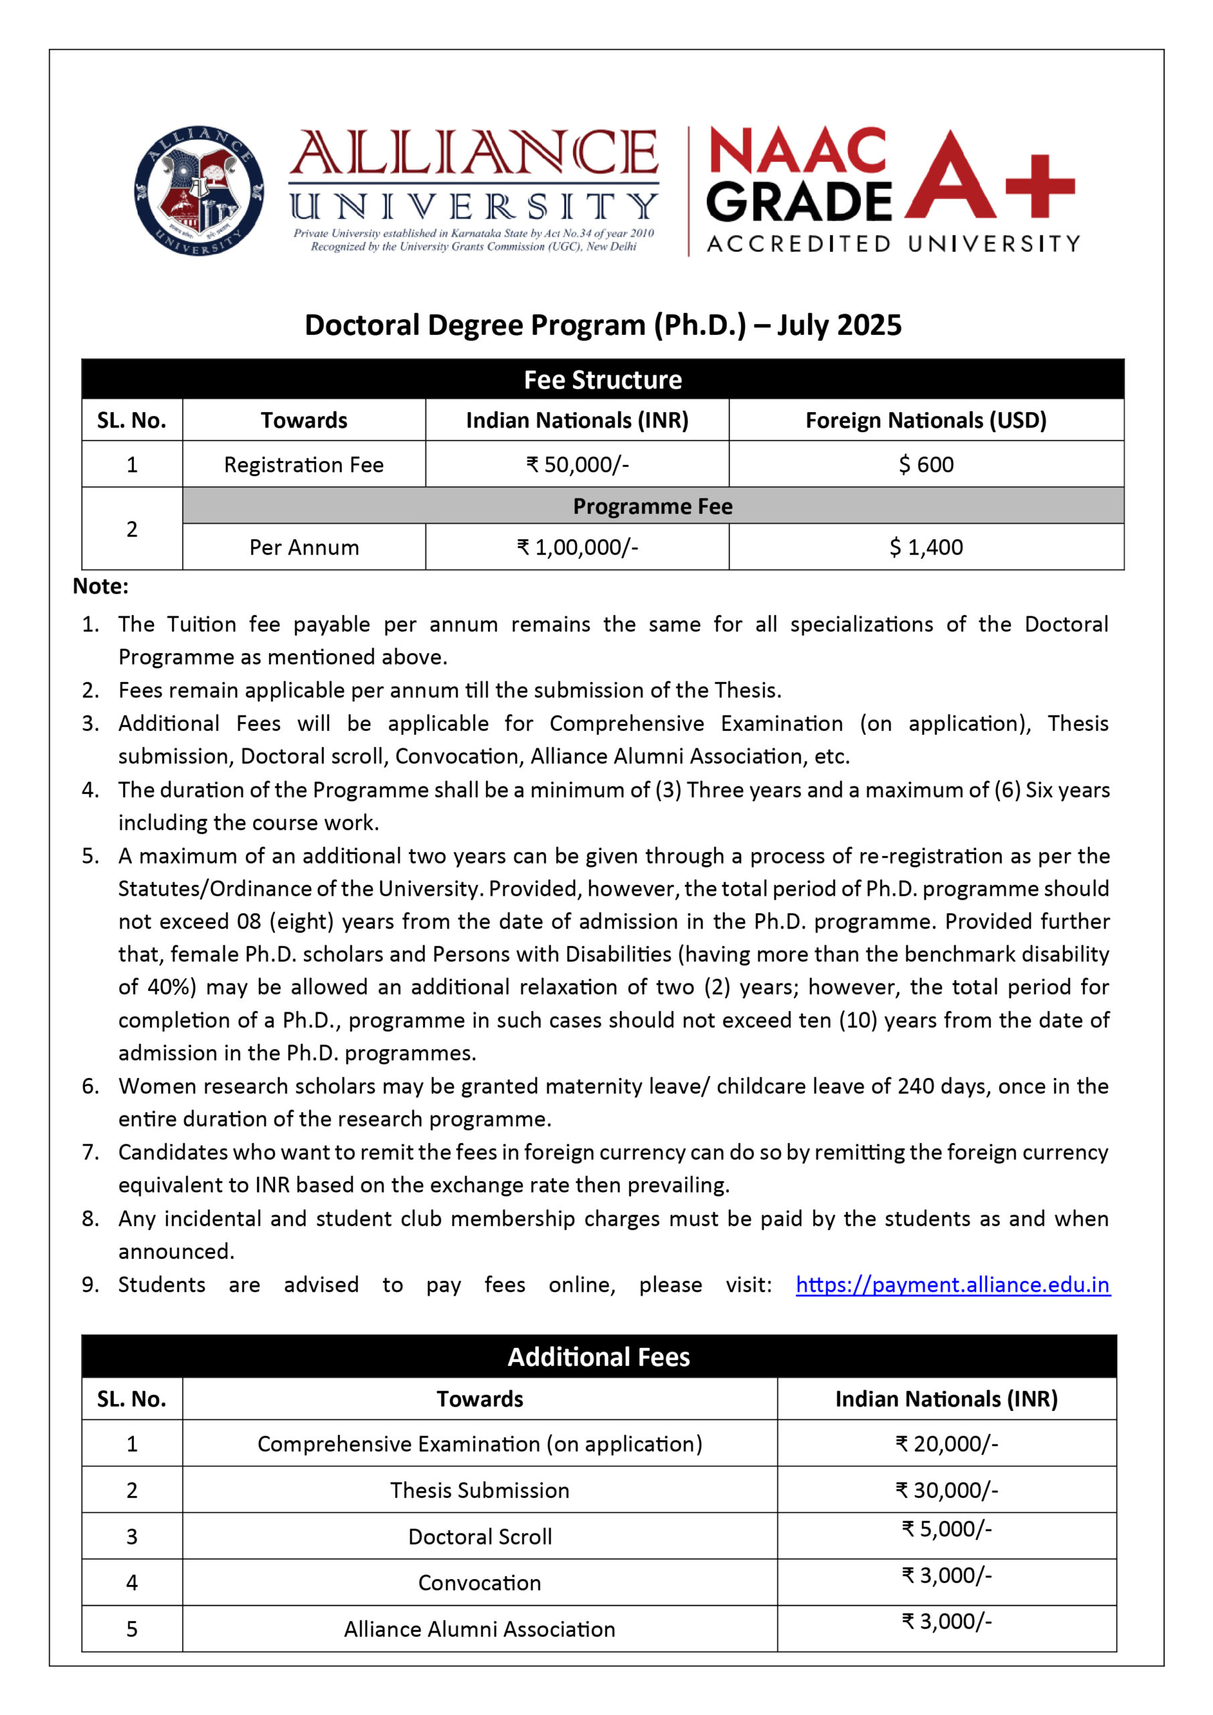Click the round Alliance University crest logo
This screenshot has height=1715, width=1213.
point(199,190)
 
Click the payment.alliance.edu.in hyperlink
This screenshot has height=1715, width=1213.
point(953,1284)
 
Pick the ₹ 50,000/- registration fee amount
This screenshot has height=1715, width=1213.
point(576,464)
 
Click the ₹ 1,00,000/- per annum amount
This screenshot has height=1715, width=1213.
point(576,547)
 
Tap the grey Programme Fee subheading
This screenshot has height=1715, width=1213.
point(652,506)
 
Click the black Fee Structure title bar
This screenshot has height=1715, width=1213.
point(602,380)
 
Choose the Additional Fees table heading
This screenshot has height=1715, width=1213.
point(598,1357)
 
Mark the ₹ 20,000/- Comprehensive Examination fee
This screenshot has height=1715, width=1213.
point(947,1443)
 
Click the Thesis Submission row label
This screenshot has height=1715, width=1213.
point(479,1490)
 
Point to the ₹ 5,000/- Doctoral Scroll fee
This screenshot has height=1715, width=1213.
point(947,1529)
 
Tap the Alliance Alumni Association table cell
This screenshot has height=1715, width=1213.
point(479,1629)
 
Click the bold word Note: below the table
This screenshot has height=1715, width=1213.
point(100,586)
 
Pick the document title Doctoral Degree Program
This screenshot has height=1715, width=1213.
point(602,325)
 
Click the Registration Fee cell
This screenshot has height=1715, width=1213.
point(303,464)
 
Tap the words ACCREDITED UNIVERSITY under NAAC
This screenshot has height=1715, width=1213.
point(892,244)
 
